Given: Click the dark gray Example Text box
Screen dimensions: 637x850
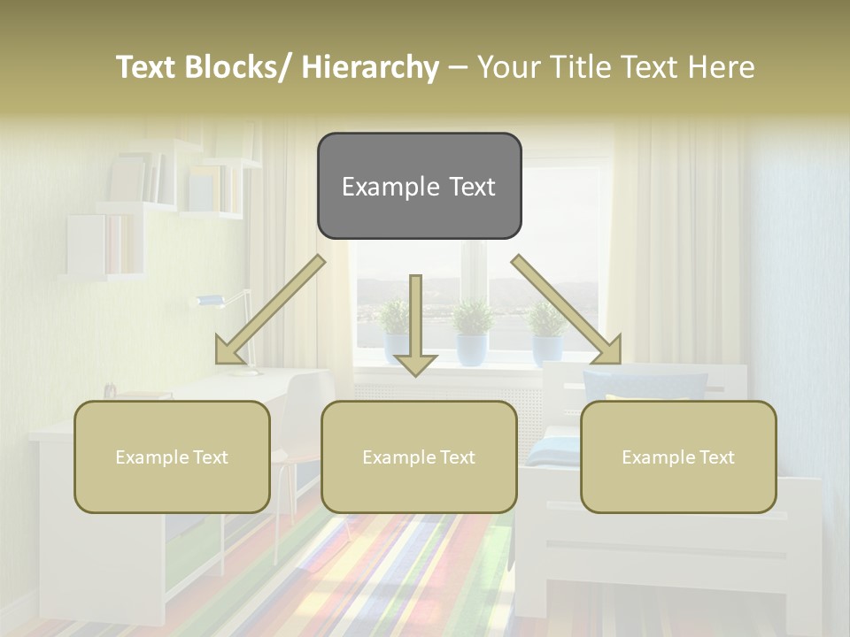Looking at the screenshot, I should [x=419, y=186].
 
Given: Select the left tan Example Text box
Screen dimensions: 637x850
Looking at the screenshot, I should [x=172, y=457].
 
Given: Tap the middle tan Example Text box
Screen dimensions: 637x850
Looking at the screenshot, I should [x=419, y=457].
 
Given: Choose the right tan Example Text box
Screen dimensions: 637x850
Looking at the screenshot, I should [x=678, y=457].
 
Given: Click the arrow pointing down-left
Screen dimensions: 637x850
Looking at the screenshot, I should [x=270, y=310].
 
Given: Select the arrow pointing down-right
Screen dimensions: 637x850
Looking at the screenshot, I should [x=567, y=310].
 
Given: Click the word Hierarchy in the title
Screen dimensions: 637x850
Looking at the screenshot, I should [x=370, y=67].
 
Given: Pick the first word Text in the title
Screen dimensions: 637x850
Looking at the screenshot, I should [x=147, y=67].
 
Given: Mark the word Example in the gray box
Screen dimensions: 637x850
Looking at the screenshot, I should [x=380, y=187].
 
